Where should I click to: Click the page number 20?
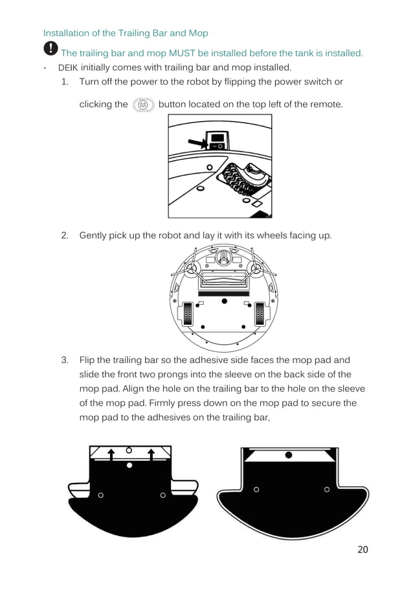click(x=363, y=550)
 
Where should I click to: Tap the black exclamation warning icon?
click(x=50, y=49)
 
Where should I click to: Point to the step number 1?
click(x=65, y=82)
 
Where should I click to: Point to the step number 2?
click(x=65, y=235)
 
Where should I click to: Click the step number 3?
click(x=65, y=360)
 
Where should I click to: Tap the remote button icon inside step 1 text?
click(x=143, y=104)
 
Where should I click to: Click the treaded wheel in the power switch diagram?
click(x=240, y=180)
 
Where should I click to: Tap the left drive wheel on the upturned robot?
click(x=188, y=314)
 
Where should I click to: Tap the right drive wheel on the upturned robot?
click(x=260, y=314)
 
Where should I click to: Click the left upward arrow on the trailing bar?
click(x=111, y=456)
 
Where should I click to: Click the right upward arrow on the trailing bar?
click(x=151, y=456)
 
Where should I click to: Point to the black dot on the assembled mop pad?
click(x=289, y=455)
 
